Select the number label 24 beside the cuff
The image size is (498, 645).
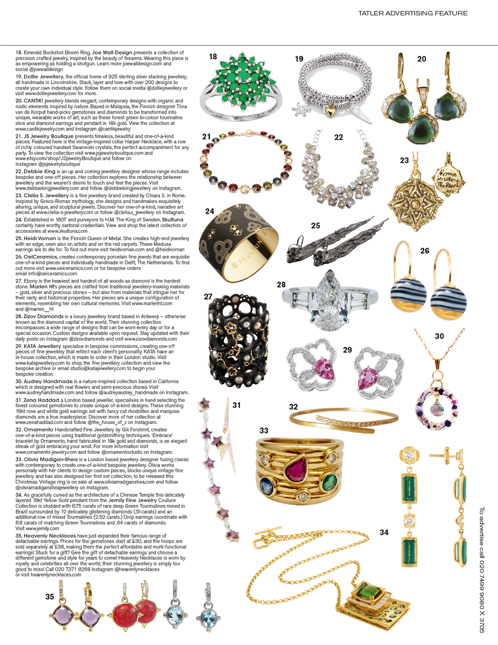(x=210, y=211)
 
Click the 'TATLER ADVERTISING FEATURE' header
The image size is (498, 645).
(x=413, y=13)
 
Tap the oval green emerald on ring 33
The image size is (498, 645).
(x=328, y=481)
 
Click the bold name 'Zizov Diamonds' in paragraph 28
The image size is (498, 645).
(x=43, y=317)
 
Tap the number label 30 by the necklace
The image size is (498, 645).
(x=439, y=336)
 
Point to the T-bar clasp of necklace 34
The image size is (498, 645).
(x=267, y=535)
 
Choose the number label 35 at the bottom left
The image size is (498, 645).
(x=50, y=597)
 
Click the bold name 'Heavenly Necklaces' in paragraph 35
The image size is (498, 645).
(x=50, y=536)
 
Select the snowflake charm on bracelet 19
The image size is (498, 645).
(x=299, y=109)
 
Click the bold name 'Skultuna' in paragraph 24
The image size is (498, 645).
(x=172, y=220)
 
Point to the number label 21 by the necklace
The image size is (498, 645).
(x=206, y=136)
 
